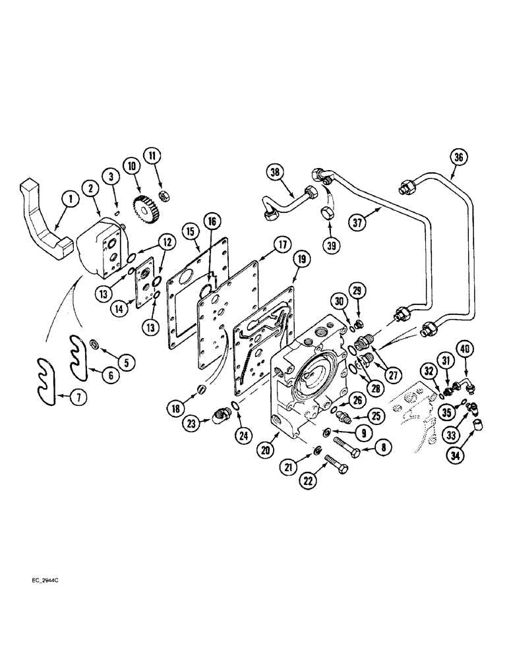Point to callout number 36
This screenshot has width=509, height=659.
click(458, 157)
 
